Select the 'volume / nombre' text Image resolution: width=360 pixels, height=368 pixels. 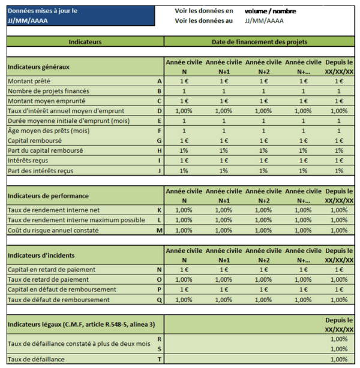click(270, 11)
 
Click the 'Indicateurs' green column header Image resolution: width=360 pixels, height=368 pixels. click(85, 42)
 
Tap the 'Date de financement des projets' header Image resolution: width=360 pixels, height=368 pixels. click(260, 42)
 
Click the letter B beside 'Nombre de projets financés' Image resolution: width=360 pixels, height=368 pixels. click(159, 91)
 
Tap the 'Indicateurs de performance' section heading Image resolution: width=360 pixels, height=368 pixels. click(48, 196)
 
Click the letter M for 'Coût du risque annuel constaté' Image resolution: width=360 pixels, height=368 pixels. click(159, 230)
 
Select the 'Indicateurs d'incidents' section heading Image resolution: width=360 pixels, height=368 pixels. click(43, 255)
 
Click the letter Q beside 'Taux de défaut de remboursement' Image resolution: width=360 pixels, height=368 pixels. click(159, 300)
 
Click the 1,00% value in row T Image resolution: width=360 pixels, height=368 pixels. click(339, 359)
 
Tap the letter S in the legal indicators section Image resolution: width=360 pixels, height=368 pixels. click(159, 349)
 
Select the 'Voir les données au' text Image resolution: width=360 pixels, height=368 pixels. click(203, 20)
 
